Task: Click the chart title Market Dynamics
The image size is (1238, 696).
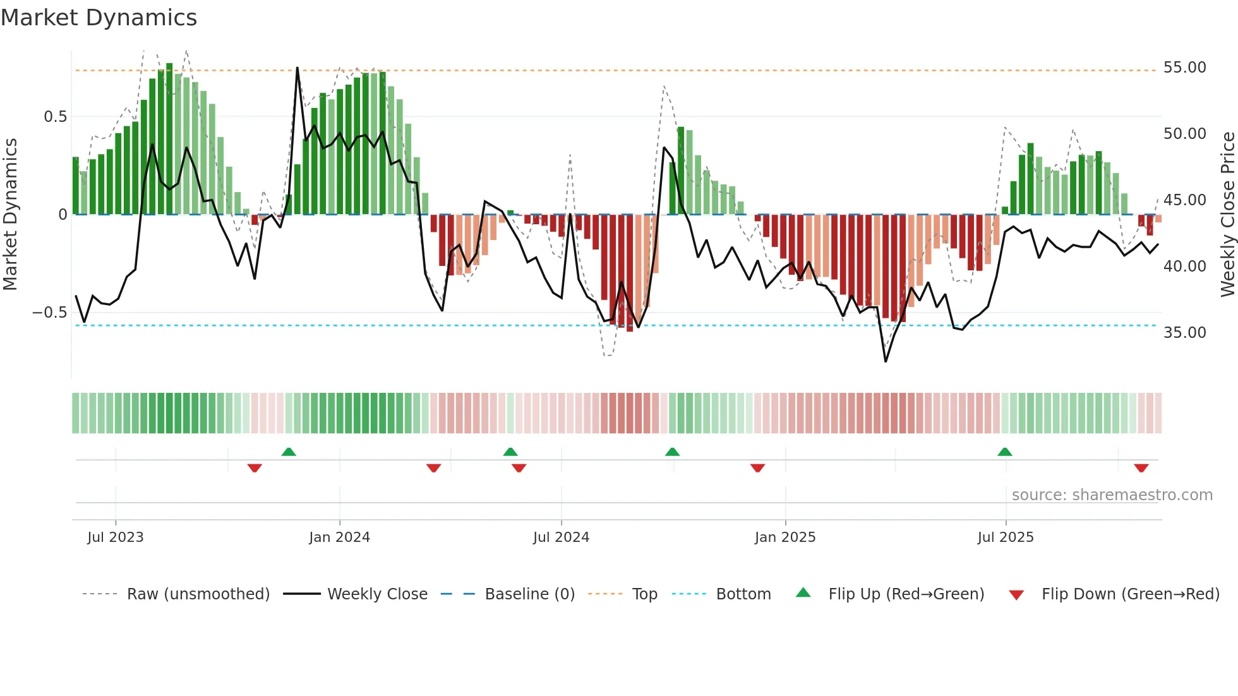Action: coord(99,18)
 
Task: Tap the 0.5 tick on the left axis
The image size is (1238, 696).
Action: coord(55,117)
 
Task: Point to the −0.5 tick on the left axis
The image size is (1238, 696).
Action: coord(49,313)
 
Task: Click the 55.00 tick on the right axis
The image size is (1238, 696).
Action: coord(1184,68)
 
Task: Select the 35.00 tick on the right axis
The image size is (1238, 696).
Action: coord(1184,333)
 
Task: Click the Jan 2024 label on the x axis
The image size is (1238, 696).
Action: coord(339,537)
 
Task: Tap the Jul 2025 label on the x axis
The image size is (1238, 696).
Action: coord(1005,537)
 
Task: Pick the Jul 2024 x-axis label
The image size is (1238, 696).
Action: coord(561,537)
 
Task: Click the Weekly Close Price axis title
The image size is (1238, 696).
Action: coord(1227,214)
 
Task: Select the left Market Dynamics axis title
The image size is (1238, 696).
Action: coord(10,214)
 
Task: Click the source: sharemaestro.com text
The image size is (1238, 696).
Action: coord(1112,495)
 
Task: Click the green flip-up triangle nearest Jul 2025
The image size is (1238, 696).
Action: coord(1005,452)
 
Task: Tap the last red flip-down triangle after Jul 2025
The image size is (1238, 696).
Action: coord(1141,468)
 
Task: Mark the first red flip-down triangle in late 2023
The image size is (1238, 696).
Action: coord(255,468)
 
